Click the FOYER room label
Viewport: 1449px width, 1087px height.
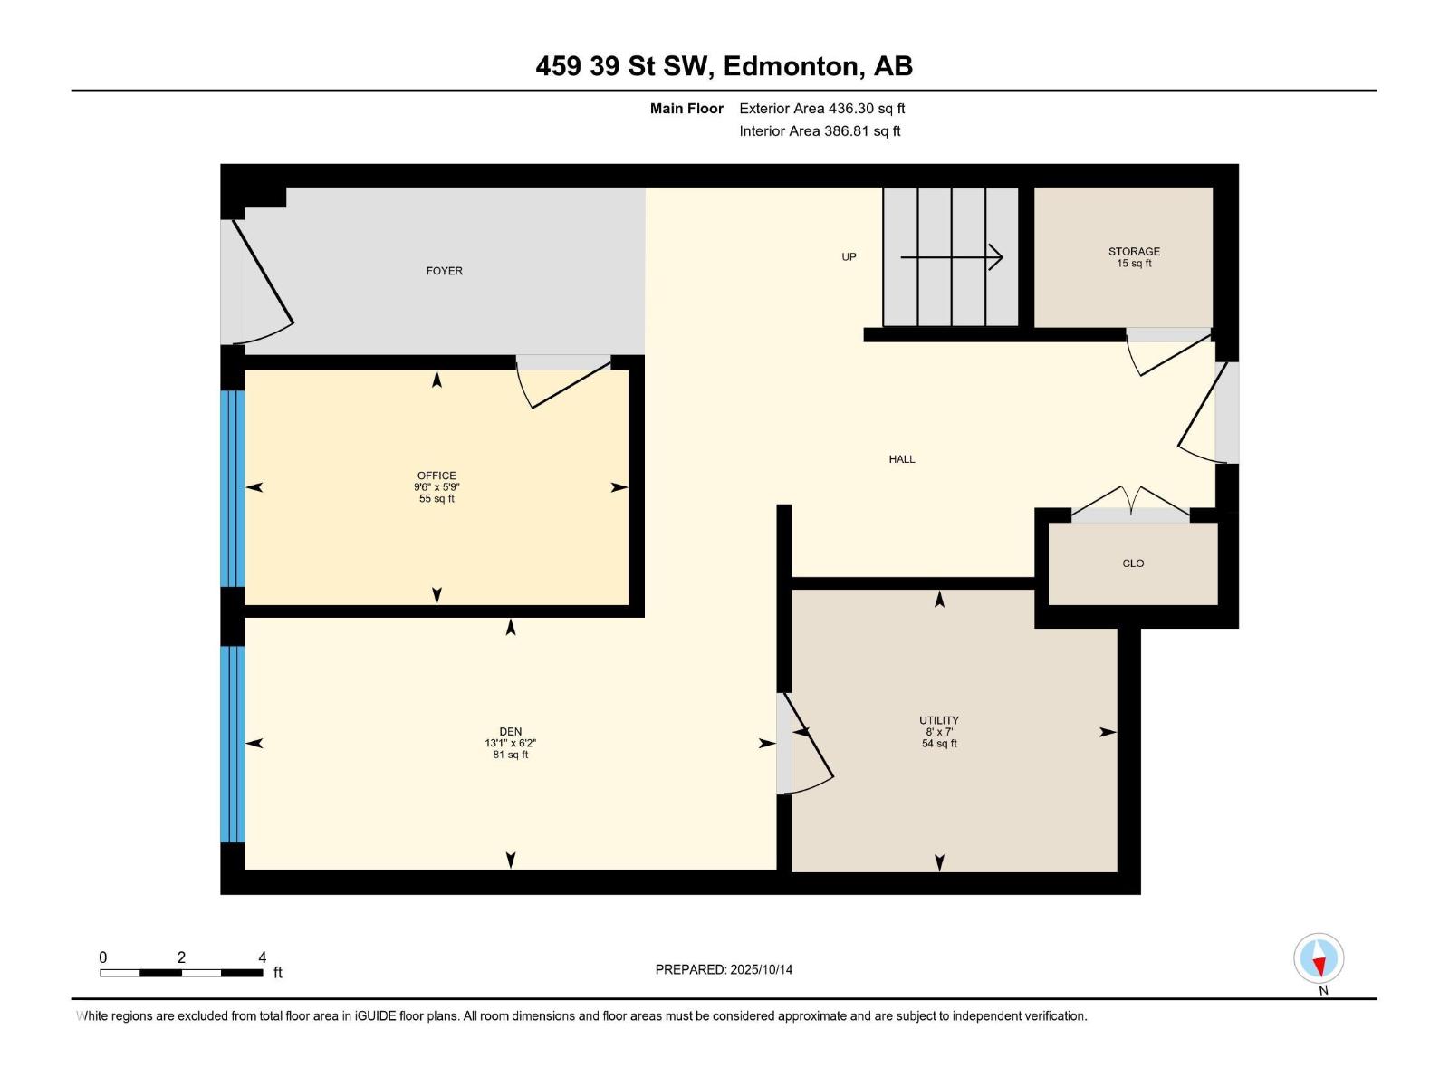(444, 271)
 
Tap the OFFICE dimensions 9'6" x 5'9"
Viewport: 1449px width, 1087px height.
(437, 487)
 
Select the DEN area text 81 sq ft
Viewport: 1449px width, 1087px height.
(510, 755)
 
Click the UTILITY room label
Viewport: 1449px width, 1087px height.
(938, 720)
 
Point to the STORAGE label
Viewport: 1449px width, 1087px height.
(1134, 251)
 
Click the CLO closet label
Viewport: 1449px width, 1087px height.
(1133, 563)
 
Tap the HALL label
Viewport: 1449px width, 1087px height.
(901, 459)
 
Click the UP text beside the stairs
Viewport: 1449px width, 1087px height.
(849, 256)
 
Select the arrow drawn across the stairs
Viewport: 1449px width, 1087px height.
(951, 257)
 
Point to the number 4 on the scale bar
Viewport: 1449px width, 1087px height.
(263, 957)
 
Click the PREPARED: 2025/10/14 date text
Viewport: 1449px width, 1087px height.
(724, 969)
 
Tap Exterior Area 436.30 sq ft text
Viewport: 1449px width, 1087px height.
(821, 109)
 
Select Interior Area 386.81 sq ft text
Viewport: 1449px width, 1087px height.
(820, 131)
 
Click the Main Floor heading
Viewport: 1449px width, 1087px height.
(686, 109)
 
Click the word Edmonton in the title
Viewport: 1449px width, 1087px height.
(792, 66)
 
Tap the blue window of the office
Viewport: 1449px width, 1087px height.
(233, 488)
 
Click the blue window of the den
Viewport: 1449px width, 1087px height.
(233, 744)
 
